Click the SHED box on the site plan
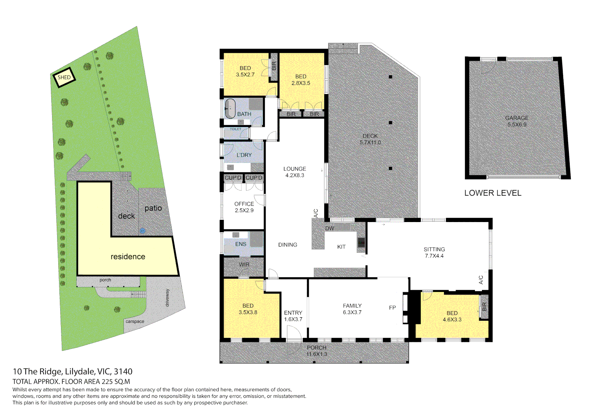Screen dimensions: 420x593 64,77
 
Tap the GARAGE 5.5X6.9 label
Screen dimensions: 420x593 516,121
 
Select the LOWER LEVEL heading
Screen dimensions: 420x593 492,193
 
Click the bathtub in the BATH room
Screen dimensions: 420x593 230,108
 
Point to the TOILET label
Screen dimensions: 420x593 235,129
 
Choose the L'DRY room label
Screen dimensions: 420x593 244,155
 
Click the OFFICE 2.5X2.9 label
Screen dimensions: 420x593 244,207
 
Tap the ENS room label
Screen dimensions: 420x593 240,244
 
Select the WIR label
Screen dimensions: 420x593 244,265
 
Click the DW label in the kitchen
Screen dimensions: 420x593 329,228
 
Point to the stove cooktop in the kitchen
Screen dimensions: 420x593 361,242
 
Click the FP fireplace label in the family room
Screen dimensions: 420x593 392,308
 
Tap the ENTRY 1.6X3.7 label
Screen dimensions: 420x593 293,316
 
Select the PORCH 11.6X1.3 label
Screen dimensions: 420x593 316,351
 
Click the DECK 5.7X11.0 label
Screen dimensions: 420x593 370,139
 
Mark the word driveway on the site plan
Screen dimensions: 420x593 167,297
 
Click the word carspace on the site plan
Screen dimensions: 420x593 135,322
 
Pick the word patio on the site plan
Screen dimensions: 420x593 153,208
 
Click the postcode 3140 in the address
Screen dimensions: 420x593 123,372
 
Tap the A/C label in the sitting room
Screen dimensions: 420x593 480,280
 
